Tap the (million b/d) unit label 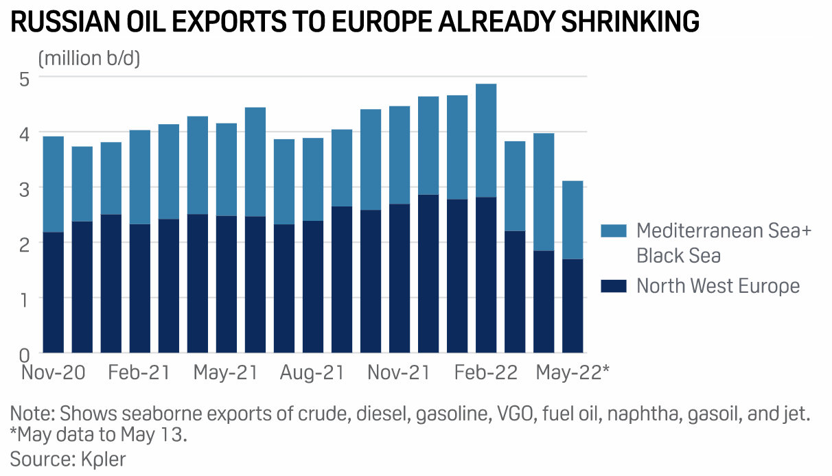point(89,58)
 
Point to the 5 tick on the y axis point(24,78)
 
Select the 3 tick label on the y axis point(24,188)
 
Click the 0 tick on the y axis point(24,354)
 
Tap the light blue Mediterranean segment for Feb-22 point(486,141)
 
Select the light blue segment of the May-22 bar point(573,219)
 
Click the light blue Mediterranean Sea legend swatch point(614,230)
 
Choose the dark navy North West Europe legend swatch point(614,285)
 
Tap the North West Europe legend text point(718,285)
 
